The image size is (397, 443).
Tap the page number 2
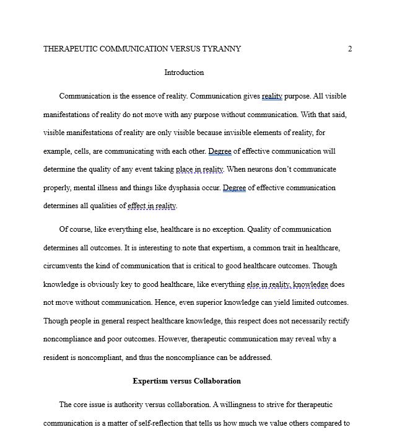pyautogui.click(x=350, y=49)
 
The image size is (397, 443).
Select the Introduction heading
pyautogui.click(x=184, y=72)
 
